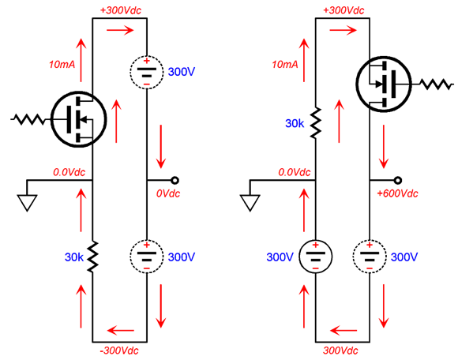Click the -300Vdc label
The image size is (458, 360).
click(x=119, y=351)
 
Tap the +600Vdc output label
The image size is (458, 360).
click(x=397, y=193)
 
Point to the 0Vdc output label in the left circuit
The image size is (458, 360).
click(x=168, y=193)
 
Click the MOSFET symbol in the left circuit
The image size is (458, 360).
click(x=79, y=119)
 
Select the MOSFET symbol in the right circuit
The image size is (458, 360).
click(x=384, y=84)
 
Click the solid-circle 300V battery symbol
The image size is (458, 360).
click(x=315, y=257)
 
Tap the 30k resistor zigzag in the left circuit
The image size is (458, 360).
click(x=92, y=257)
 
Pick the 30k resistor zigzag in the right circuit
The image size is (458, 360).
click(x=315, y=122)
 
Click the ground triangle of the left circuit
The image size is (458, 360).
click(x=27, y=203)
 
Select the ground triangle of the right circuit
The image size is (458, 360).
click(x=250, y=203)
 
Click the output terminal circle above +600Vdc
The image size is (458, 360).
click(x=397, y=181)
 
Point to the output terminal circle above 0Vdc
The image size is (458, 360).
click(x=175, y=181)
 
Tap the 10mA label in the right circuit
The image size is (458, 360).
click(x=285, y=64)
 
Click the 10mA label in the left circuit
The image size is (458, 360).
click(x=62, y=64)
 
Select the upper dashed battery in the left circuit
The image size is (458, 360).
click(x=147, y=73)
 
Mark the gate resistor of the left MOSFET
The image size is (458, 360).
click(x=28, y=119)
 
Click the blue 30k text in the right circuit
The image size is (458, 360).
click(x=295, y=123)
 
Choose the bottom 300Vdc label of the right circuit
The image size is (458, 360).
click(x=340, y=351)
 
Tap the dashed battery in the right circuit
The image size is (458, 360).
click(x=370, y=257)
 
